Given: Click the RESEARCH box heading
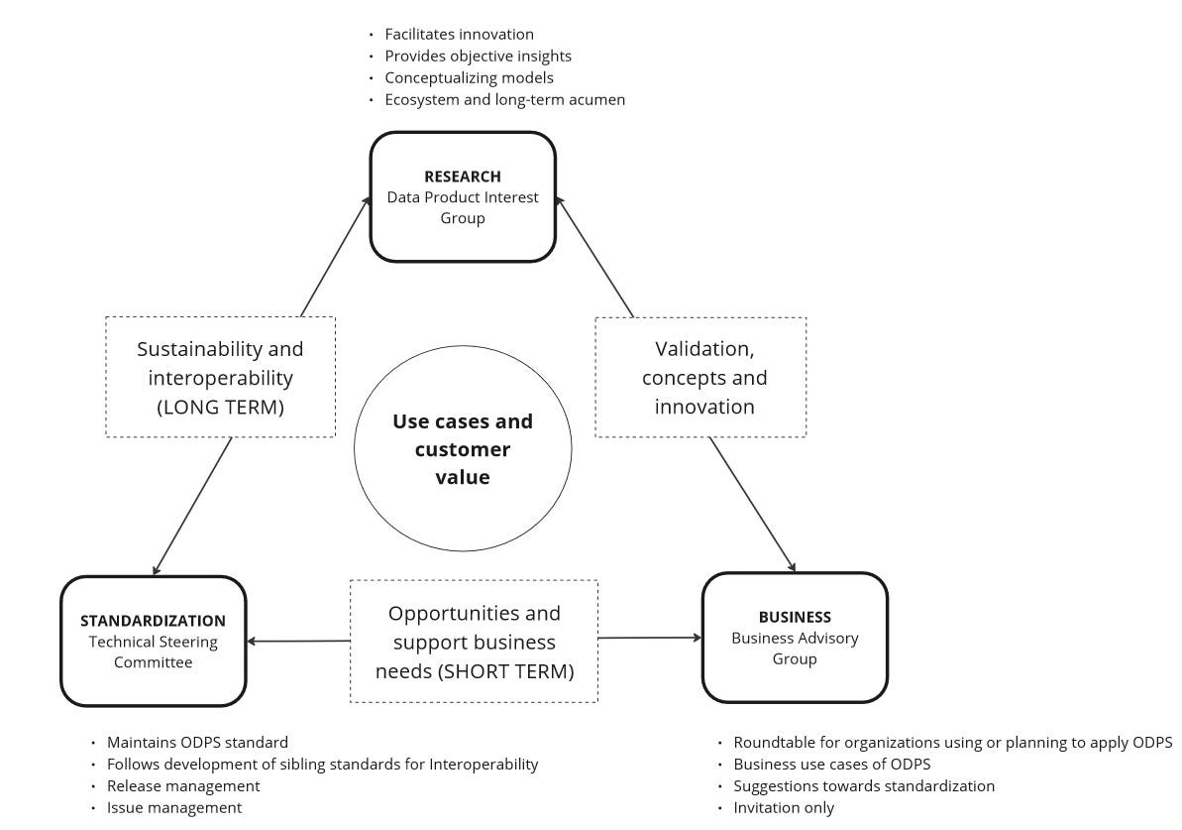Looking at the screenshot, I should pos(462,177).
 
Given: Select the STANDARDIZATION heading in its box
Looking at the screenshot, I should pos(153,621).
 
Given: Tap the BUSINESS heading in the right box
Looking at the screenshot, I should pos(794,617).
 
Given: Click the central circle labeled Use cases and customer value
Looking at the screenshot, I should pos(462,448).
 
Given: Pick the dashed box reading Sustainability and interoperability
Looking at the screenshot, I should pos(220,377).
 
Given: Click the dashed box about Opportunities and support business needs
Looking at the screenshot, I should pos(474,642).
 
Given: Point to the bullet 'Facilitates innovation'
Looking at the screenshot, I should pos(459,34).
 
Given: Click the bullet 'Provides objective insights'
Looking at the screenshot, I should pos(478,56).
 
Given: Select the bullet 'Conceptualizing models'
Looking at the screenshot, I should pos(469,77).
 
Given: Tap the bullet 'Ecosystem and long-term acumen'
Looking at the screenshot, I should pos(504,99).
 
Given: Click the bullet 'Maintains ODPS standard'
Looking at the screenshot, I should pos(197,742).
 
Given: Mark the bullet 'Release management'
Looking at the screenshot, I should pos(183,785).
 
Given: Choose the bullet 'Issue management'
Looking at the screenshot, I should pos(173,807).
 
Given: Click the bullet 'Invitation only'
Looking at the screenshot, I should pos(783,807).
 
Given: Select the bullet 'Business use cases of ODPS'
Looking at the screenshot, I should pos(831,764).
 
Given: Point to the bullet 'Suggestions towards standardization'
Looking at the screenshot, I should pos(863,785).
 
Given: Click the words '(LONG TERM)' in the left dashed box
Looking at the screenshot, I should pos(220,406).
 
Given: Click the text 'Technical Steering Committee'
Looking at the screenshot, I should pos(153,652).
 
